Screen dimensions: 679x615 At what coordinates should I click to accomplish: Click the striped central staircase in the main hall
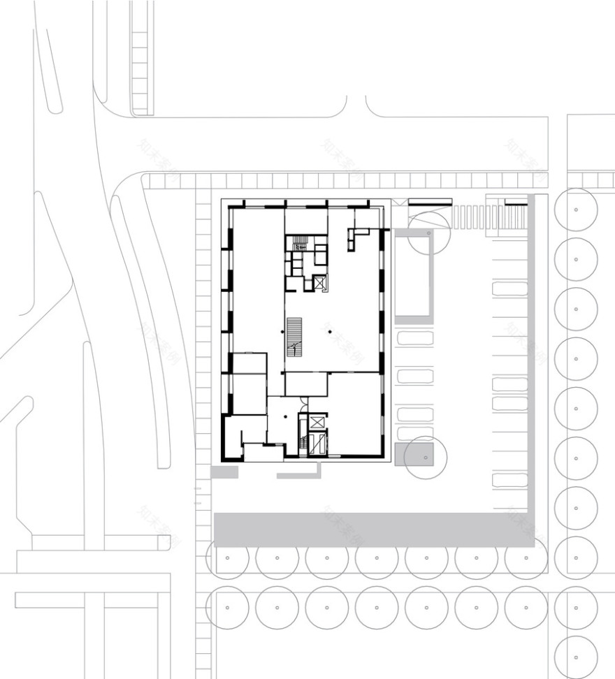tap(294, 336)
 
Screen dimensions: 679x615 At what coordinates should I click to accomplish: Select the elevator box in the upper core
tap(319, 284)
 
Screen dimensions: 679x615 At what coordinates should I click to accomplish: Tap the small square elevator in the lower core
tap(317, 422)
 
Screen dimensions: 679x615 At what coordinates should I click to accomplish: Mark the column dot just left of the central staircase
tap(282, 331)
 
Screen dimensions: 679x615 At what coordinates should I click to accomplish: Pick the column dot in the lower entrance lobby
tap(286, 416)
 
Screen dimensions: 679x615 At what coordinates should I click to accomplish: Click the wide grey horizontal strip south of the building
tap(374, 530)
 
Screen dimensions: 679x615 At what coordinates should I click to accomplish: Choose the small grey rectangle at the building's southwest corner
tap(224, 473)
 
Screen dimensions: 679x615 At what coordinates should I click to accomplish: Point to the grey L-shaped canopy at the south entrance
tap(299, 474)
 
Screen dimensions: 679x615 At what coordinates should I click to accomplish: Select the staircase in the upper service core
tap(300, 244)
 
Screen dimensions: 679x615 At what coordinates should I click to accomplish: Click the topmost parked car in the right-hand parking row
tap(509, 289)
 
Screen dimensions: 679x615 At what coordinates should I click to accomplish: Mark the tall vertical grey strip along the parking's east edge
tap(531, 363)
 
